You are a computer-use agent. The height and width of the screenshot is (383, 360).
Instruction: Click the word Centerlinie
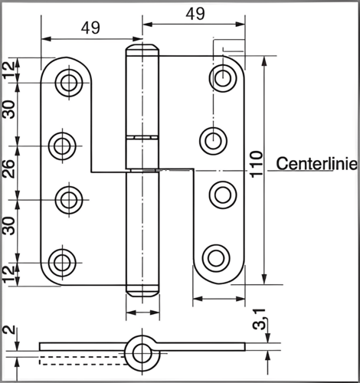click(x=316, y=164)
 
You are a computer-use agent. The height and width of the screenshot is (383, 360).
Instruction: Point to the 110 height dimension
click(x=257, y=164)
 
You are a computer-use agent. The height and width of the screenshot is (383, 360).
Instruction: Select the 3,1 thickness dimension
click(x=259, y=319)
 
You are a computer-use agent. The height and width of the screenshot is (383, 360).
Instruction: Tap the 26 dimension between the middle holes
click(x=8, y=169)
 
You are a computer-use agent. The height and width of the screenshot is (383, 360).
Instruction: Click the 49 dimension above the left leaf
click(x=90, y=28)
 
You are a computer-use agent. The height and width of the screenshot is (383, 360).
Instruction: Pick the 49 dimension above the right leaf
click(x=195, y=14)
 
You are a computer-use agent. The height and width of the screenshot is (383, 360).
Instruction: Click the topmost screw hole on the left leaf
click(x=69, y=83)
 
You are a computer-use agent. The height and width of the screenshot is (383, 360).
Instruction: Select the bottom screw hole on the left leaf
click(x=62, y=263)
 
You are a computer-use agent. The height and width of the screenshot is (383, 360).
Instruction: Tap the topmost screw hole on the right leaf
click(x=223, y=77)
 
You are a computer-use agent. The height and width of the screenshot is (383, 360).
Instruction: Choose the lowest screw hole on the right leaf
click(x=216, y=258)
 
